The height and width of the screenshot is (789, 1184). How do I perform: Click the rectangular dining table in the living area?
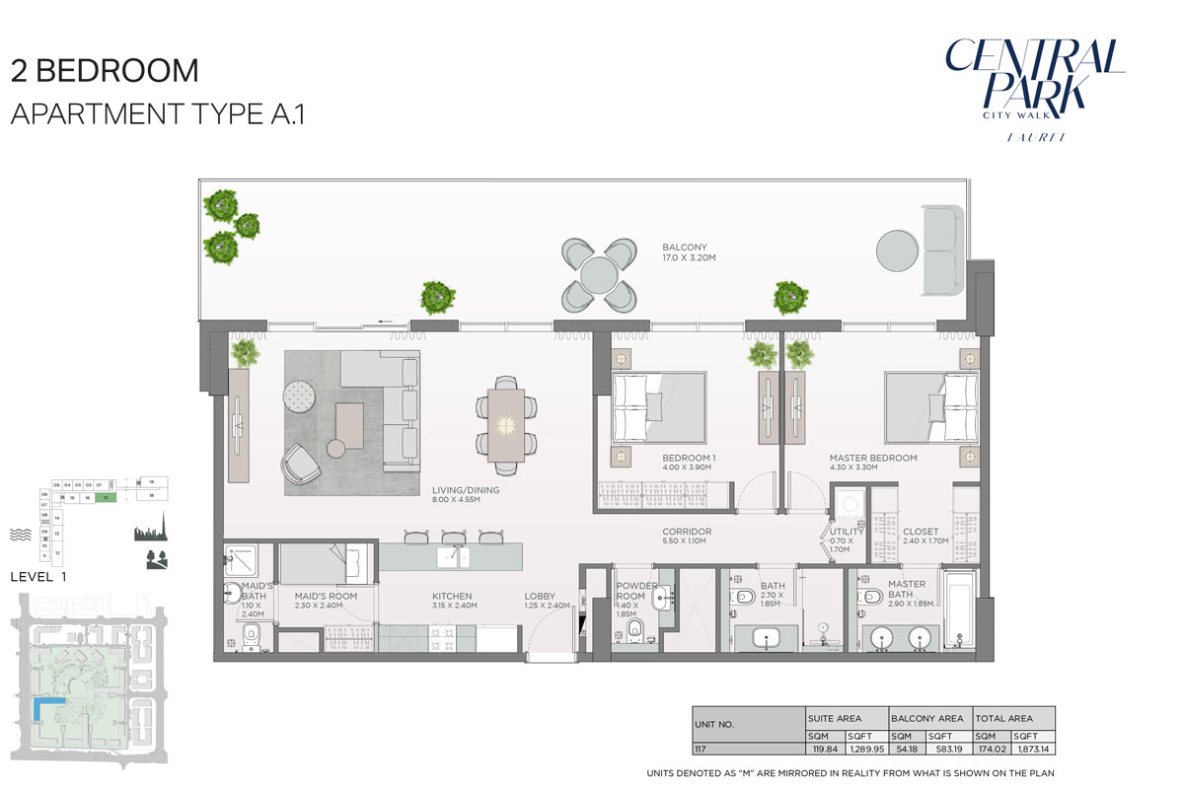coord(507,424)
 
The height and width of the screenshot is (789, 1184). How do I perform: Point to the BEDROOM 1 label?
coord(689,459)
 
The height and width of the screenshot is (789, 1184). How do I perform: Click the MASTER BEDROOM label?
coord(872,459)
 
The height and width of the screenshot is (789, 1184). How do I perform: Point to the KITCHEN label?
coord(454,597)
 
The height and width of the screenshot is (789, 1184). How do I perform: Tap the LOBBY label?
coord(540,597)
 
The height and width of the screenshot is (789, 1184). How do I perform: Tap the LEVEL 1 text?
coord(38,578)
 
